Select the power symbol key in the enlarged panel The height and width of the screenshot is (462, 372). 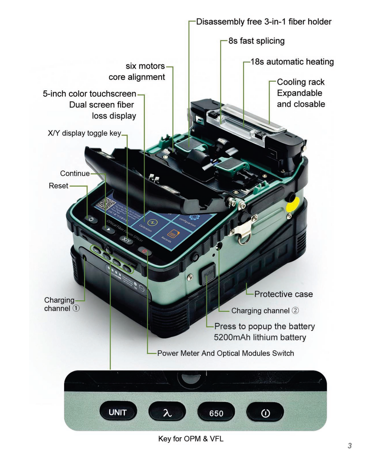coord(265,413)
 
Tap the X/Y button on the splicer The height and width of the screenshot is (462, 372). coord(126,240)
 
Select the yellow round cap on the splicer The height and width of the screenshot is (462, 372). coord(293,204)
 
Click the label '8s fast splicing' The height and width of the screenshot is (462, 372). coord(256,41)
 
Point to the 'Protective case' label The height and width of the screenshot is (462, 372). coord(283,294)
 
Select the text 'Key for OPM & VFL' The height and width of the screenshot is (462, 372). coord(191,439)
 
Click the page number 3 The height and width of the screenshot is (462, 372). coord(349,446)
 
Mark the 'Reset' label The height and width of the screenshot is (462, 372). coord(58,186)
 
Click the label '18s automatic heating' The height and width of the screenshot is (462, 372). coord(292,62)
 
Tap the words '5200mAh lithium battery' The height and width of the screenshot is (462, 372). coord(260,337)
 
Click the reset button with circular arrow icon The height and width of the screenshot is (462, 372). coord(91,219)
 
